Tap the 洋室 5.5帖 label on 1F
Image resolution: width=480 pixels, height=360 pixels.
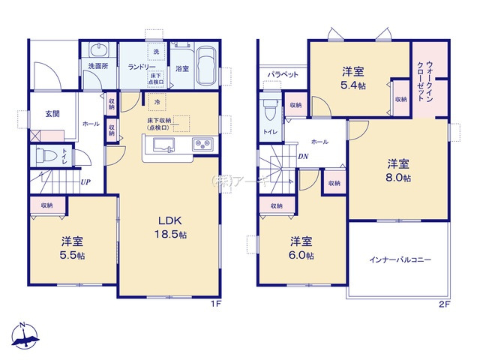(72, 247)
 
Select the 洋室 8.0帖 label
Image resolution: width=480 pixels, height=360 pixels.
(398, 170)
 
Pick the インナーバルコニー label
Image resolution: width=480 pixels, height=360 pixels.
(399, 260)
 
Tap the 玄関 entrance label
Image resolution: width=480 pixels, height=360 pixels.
(52, 114)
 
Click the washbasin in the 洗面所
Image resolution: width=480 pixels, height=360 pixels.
(99, 49)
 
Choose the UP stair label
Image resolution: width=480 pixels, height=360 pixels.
(87, 181)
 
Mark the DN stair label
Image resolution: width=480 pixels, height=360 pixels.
(301, 156)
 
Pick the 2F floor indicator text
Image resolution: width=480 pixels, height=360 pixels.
(443, 304)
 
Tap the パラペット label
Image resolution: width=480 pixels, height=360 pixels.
(283, 75)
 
